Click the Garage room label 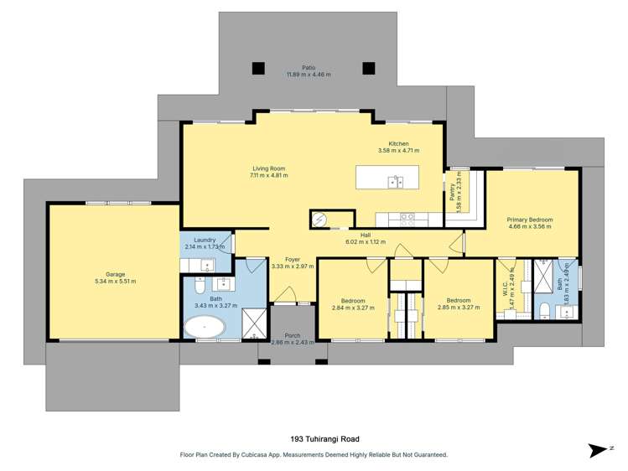[x=116, y=274]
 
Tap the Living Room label [x=269, y=168]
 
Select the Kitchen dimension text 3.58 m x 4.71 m [x=398, y=151]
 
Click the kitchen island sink [x=395, y=182]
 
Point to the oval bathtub [x=205, y=327]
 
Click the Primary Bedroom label [x=529, y=220]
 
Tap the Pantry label [x=452, y=192]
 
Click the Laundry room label [x=205, y=240]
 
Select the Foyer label [x=293, y=259]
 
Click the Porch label [x=293, y=336]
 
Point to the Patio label [x=309, y=68]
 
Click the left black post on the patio [x=258, y=68]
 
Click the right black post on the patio [x=368, y=68]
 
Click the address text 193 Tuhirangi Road [x=324, y=439]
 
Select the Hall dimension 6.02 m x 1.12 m [x=366, y=241]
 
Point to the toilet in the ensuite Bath [x=544, y=311]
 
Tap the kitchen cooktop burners [x=407, y=220]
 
